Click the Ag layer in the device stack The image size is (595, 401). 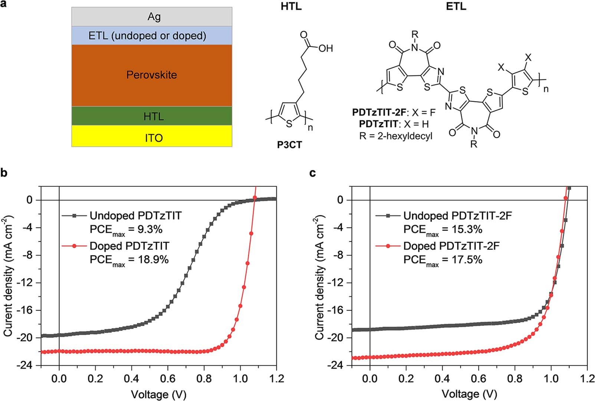(x=152, y=17)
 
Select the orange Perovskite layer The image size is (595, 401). (x=152, y=75)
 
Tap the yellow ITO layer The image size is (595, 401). (x=152, y=138)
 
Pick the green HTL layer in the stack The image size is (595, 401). (x=152, y=116)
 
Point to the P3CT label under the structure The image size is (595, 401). (x=289, y=145)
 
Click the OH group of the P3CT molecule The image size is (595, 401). (x=325, y=48)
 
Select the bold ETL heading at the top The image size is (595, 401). (x=456, y=6)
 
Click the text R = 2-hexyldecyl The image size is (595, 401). (x=396, y=136)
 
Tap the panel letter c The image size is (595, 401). (x=313, y=173)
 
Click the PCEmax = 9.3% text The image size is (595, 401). (x=126, y=230)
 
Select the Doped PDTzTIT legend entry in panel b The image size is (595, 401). (x=129, y=246)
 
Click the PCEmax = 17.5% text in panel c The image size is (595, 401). (x=443, y=260)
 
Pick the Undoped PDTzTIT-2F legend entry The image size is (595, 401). (x=457, y=215)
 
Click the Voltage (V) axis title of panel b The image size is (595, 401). (x=158, y=394)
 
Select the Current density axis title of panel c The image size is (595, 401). (x=320, y=277)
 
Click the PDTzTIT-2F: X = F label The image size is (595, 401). (x=394, y=112)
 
